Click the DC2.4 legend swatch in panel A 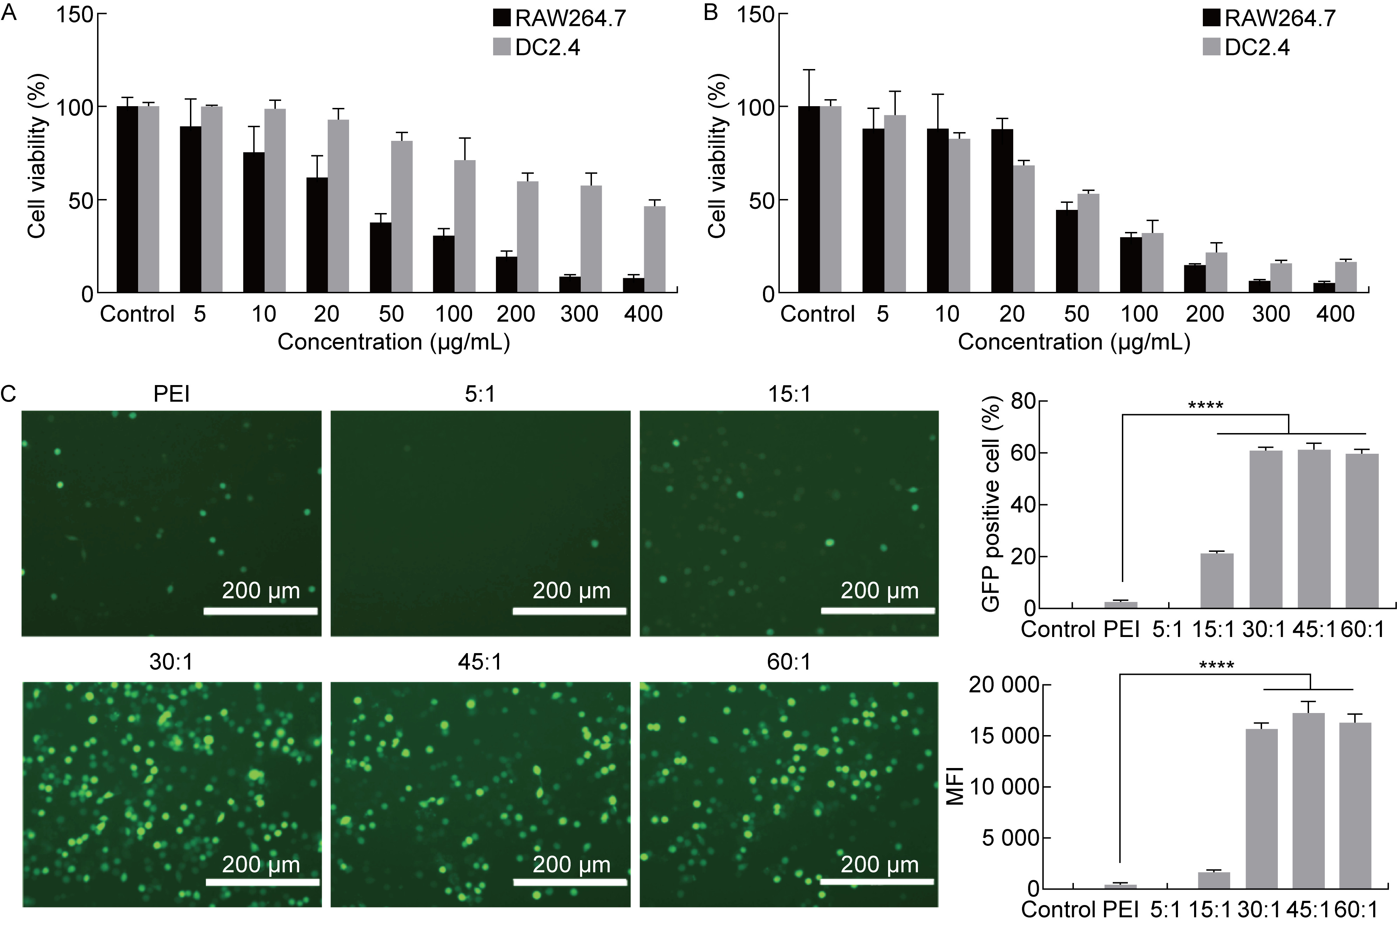(x=502, y=48)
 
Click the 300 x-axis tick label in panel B (x=1271, y=314)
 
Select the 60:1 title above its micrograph (x=789, y=662)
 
